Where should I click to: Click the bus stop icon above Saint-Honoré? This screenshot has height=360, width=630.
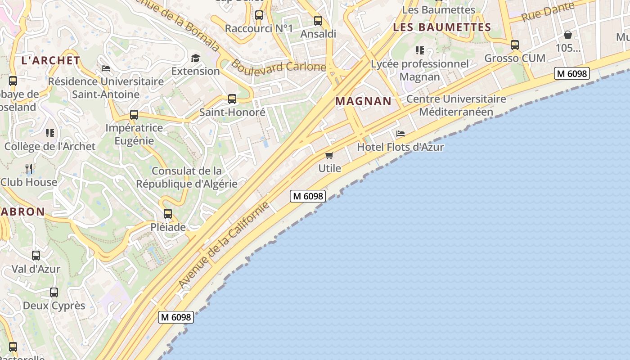[x=232, y=99]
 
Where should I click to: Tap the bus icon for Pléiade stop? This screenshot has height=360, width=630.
[x=168, y=214]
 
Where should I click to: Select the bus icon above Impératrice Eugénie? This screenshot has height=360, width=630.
[x=134, y=115]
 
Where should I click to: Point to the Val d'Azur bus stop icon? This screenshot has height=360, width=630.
[x=36, y=256]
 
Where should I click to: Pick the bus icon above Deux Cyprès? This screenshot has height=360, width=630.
[x=54, y=292]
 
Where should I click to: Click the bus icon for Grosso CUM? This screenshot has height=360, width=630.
[x=515, y=45]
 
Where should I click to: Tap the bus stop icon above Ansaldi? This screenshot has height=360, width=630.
[x=318, y=21]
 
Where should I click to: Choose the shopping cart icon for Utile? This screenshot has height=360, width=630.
[x=329, y=156]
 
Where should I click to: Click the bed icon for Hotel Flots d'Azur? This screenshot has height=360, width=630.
[x=400, y=134]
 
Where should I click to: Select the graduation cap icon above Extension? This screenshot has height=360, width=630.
[x=195, y=58]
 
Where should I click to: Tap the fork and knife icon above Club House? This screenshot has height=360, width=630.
[x=29, y=169]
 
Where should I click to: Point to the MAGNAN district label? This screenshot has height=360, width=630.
[x=364, y=101]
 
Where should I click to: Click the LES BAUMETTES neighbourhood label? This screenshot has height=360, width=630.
[x=442, y=27]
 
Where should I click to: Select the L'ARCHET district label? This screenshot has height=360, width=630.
[x=51, y=60]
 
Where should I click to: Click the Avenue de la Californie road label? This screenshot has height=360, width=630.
[x=224, y=246]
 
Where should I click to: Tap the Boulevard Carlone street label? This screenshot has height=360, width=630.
[x=279, y=66]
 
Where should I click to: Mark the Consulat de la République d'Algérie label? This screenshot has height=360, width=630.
[x=187, y=177]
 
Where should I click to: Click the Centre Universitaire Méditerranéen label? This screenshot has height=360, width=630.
[x=456, y=105]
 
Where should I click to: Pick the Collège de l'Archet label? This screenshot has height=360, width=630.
[x=50, y=146]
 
